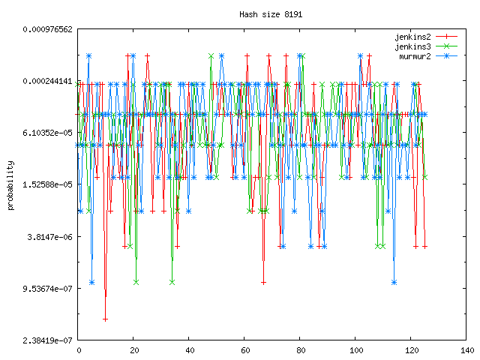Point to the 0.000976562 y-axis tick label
[x=47, y=29]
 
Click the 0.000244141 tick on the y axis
[x=47, y=81]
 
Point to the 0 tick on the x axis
[x=78, y=350]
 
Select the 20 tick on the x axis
[x=133, y=350]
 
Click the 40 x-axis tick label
[x=189, y=350]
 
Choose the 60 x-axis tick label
[x=244, y=350]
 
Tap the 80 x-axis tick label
[x=300, y=350]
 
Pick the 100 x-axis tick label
[x=355, y=350]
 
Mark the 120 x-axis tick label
[x=411, y=350]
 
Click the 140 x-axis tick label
[x=466, y=350]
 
